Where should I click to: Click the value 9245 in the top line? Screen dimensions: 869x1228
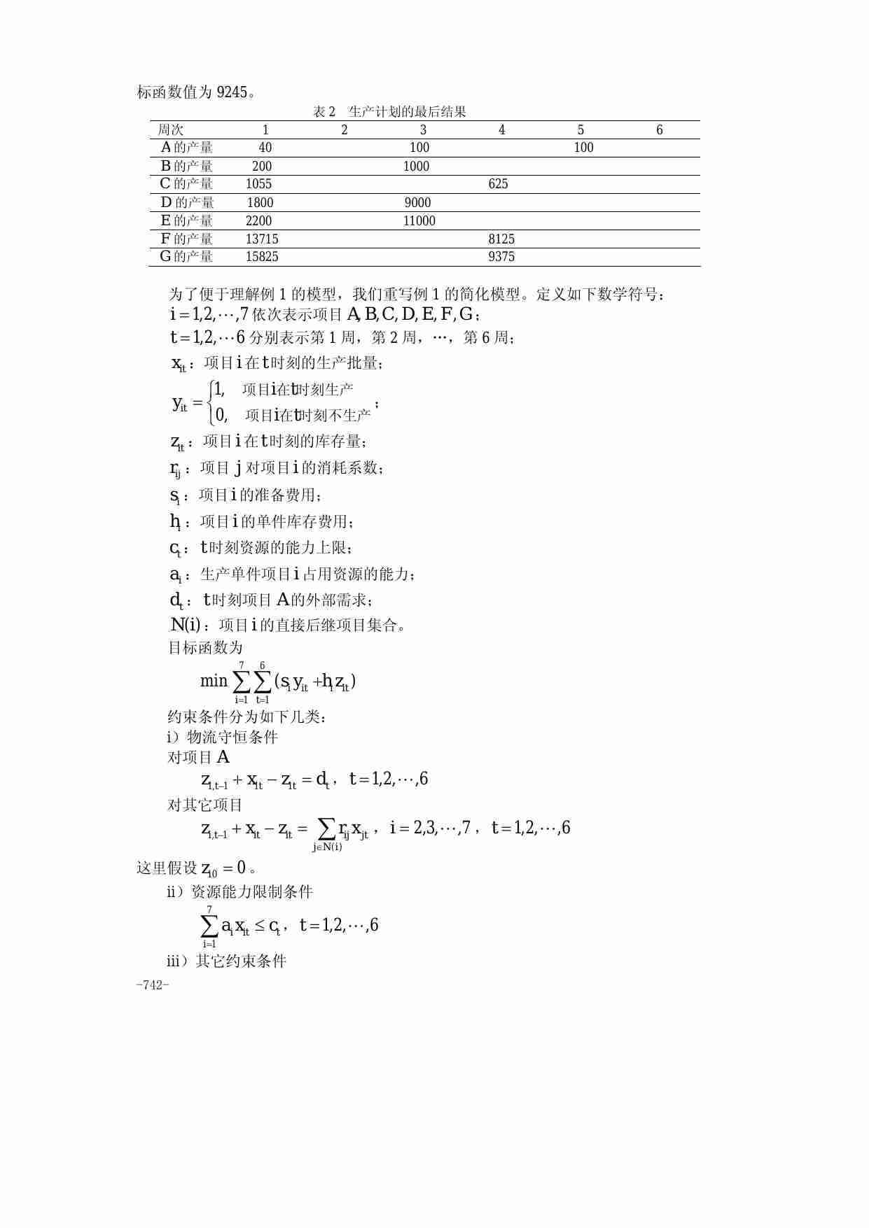tap(232, 92)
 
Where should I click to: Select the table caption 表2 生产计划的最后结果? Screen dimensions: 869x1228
tap(389, 112)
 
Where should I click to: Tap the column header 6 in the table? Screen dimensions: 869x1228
tap(659, 130)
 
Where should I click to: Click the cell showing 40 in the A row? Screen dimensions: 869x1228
tap(265, 148)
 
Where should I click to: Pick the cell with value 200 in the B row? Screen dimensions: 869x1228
tap(262, 167)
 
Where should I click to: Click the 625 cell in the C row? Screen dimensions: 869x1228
tap(498, 184)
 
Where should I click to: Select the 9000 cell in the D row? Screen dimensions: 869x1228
tap(417, 203)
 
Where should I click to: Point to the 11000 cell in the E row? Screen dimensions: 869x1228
tap(419, 221)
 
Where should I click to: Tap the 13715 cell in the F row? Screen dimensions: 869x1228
tap(262, 239)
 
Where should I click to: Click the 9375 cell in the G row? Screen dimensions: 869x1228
tap(501, 257)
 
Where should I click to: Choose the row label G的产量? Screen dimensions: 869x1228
tap(186, 257)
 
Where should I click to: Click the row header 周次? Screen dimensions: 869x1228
tap(170, 130)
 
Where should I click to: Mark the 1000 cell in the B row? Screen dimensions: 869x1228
tap(416, 167)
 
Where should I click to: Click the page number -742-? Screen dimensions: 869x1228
tap(153, 985)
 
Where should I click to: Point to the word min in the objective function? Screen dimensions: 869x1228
tap(214, 681)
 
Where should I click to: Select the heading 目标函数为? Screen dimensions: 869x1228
tap(205, 648)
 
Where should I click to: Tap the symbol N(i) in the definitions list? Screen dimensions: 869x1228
tap(186, 625)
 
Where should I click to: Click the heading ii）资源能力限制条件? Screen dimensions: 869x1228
tap(239, 892)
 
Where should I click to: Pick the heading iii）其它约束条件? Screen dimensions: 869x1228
tap(226, 961)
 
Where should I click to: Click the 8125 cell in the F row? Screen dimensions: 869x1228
tap(501, 239)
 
